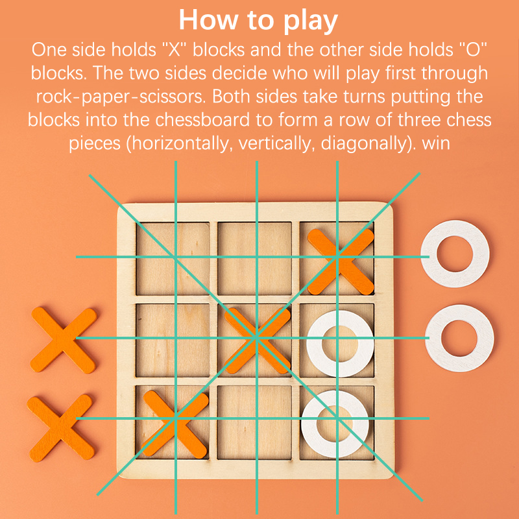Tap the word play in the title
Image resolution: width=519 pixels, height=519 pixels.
(x=311, y=21)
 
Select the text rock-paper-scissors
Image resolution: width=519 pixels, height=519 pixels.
(x=119, y=97)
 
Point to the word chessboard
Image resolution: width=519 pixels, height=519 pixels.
(x=202, y=120)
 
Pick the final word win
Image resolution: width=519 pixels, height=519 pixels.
(x=436, y=143)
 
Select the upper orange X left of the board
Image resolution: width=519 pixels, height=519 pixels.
(x=63, y=340)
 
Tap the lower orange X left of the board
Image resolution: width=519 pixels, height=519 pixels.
(x=60, y=428)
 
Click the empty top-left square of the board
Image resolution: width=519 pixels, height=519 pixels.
(x=173, y=258)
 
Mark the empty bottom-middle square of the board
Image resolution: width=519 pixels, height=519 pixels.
(x=254, y=422)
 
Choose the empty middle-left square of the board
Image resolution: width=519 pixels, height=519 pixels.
(x=173, y=340)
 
